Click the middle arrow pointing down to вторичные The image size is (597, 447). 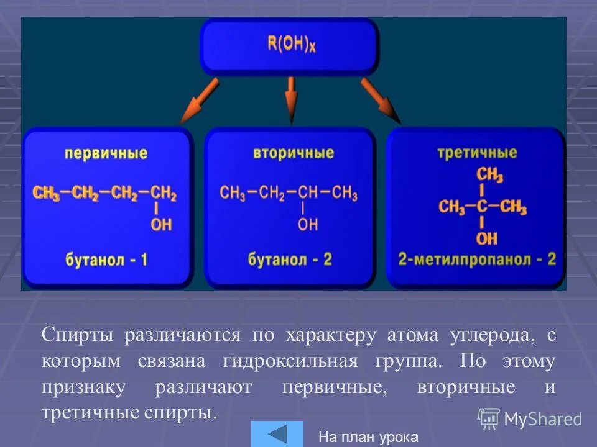pos(290,99)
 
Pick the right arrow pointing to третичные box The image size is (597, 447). pos(381,99)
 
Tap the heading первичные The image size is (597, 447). pos(109,153)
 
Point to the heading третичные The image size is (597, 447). pos(477,152)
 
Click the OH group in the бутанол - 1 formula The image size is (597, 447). pos(161,225)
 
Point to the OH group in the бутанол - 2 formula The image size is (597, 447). pos(307,225)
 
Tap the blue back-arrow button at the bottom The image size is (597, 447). pos(277,434)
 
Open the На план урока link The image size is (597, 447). pos(368,437)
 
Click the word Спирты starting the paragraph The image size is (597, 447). pos(78,335)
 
